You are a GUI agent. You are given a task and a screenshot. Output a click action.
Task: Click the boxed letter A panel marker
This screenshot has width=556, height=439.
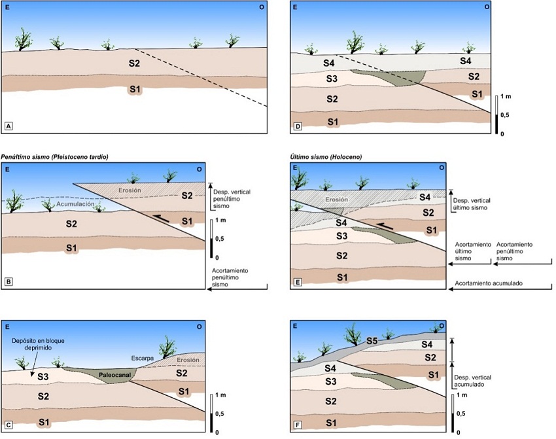pos(9,125)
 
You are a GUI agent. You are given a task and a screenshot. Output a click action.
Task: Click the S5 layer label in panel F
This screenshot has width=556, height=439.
pos(372,341)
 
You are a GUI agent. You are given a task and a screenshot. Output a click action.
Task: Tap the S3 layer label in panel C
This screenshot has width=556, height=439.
pos(44,377)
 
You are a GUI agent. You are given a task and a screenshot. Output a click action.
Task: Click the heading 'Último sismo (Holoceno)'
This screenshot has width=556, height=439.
pos(324,156)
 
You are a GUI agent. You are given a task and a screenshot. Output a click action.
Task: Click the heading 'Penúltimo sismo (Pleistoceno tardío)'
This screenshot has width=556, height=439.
pos(55,156)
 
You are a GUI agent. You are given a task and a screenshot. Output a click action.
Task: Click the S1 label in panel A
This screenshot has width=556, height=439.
pos(134,88)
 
